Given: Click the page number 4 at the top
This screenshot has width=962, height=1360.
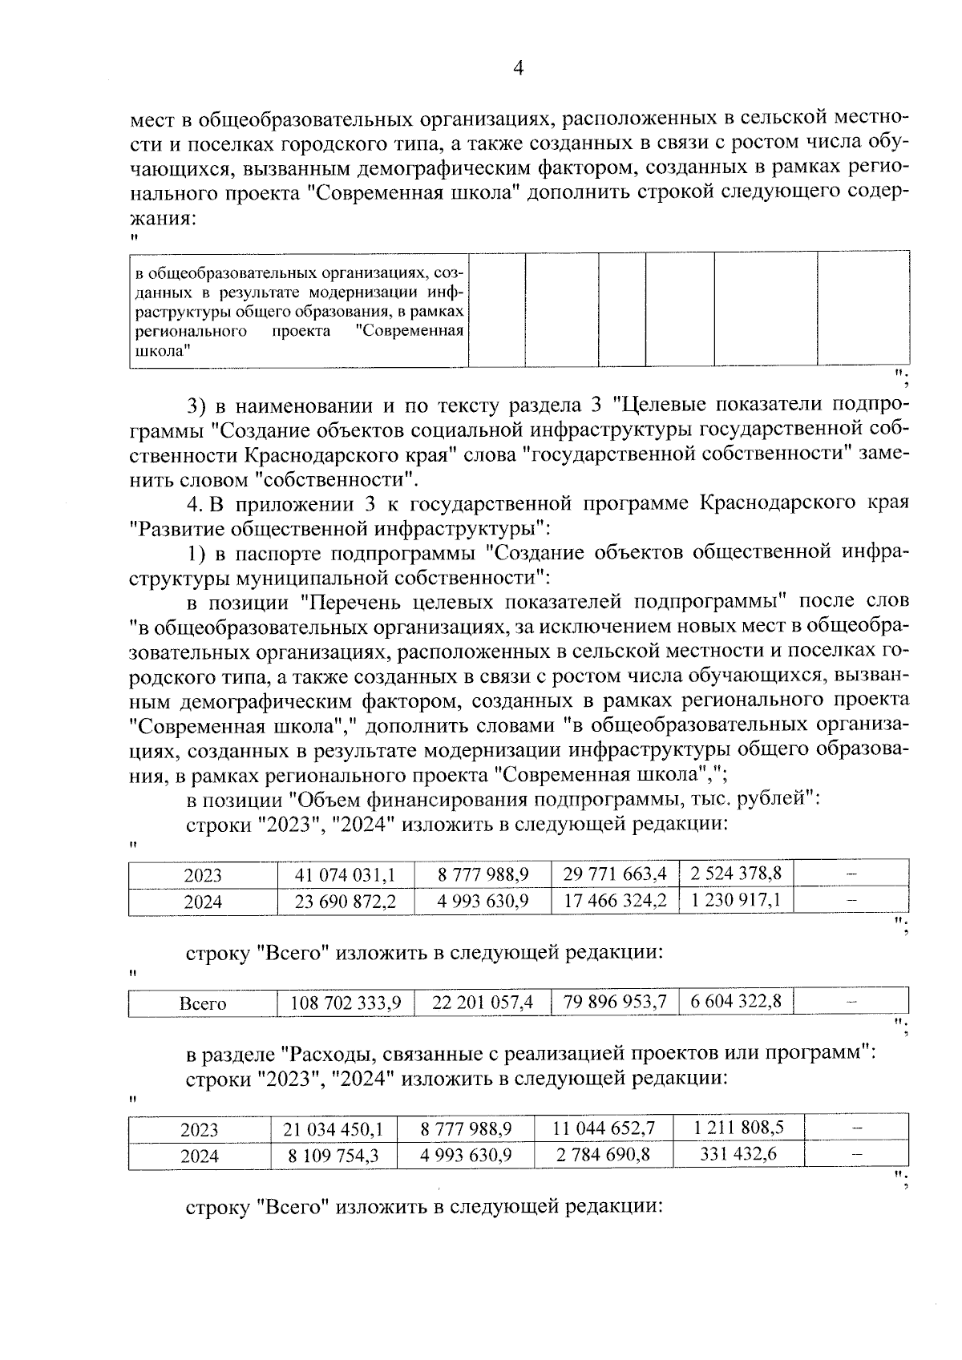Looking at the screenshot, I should (517, 69).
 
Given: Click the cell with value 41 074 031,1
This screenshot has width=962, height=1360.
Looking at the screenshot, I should (346, 874).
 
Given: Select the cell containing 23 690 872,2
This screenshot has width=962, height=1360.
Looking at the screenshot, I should (346, 902).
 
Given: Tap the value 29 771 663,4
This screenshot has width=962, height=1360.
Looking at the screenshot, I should (615, 874).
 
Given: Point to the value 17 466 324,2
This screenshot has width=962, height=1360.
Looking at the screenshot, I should (615, 901).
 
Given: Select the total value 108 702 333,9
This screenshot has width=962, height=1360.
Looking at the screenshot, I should (346, 1003).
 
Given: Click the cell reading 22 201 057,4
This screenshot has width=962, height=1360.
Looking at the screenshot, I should (483, 1003).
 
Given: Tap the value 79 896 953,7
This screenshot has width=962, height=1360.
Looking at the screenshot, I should (615, 1002).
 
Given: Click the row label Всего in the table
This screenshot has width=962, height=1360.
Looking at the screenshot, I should (203, 1003).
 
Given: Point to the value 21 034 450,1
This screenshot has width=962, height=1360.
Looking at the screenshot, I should (333, 1129).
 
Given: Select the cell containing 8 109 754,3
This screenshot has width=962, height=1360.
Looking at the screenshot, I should (333, 1156).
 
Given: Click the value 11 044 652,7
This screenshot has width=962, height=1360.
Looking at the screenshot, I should (604, 1128).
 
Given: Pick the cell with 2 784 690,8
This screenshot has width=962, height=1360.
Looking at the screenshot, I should (604, 1156).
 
